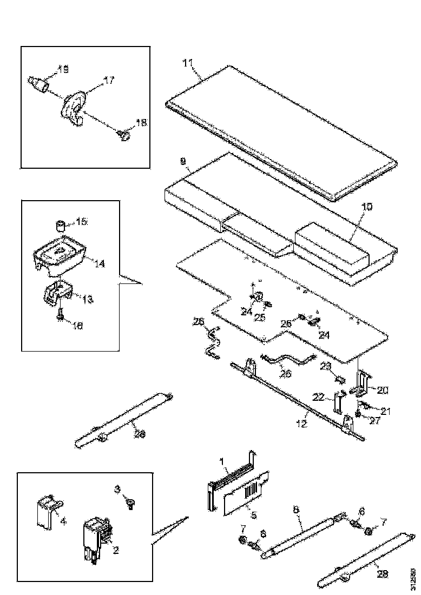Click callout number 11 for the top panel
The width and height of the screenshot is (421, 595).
(x=187, y=64)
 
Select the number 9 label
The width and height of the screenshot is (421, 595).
(x=183, y=161)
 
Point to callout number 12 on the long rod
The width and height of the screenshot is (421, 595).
(x=302, y=424)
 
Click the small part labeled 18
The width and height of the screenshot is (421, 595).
(x=123, y=136)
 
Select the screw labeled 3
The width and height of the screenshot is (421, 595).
(x=130, y=504)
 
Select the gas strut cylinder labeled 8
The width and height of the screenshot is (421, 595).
(x=300, y=535)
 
